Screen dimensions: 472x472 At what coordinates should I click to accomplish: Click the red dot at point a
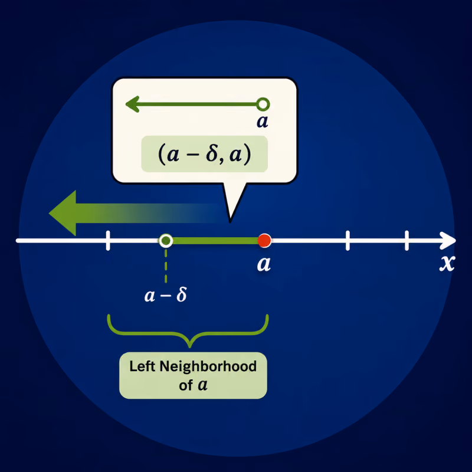(x=264, y=241)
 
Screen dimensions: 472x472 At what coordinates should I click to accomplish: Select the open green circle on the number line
(x=166, y=241)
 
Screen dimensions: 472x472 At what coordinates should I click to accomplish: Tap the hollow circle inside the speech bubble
(x=263, y=104)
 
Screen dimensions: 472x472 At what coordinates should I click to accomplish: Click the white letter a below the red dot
(x=264, y=264)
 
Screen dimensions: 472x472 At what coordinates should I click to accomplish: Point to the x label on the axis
(x=447, y=264)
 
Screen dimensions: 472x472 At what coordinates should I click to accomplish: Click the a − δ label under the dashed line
(x=166, y=294)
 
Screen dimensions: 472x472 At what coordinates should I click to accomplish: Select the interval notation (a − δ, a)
(x=204, y=154)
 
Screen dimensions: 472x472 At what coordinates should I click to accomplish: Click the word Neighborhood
(x=208, y=366)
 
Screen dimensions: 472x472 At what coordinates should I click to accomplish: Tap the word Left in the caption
(x=142, y=366)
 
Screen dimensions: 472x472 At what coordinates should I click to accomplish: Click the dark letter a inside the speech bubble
(x=263, y=122)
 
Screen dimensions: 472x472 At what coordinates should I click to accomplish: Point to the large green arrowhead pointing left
(x=63, y=213)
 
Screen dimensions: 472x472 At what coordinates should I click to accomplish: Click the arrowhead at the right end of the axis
(x=448, y=241)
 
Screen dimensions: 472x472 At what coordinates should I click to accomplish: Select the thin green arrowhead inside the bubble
(x=132, y=104)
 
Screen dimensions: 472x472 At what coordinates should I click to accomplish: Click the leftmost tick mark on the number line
(x=108, y=241)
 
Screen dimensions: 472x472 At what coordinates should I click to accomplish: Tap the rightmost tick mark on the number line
(x=407, y=241)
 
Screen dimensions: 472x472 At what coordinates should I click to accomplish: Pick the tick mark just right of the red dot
(x=348, y=241)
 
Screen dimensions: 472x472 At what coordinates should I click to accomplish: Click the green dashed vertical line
(x=166, y=265)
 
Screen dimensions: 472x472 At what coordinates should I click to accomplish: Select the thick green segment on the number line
(x=215, y=241)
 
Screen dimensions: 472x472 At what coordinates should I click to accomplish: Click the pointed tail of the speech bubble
(x=230, y=222)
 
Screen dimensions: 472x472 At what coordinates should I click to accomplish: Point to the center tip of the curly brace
(x=189, y=347)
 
